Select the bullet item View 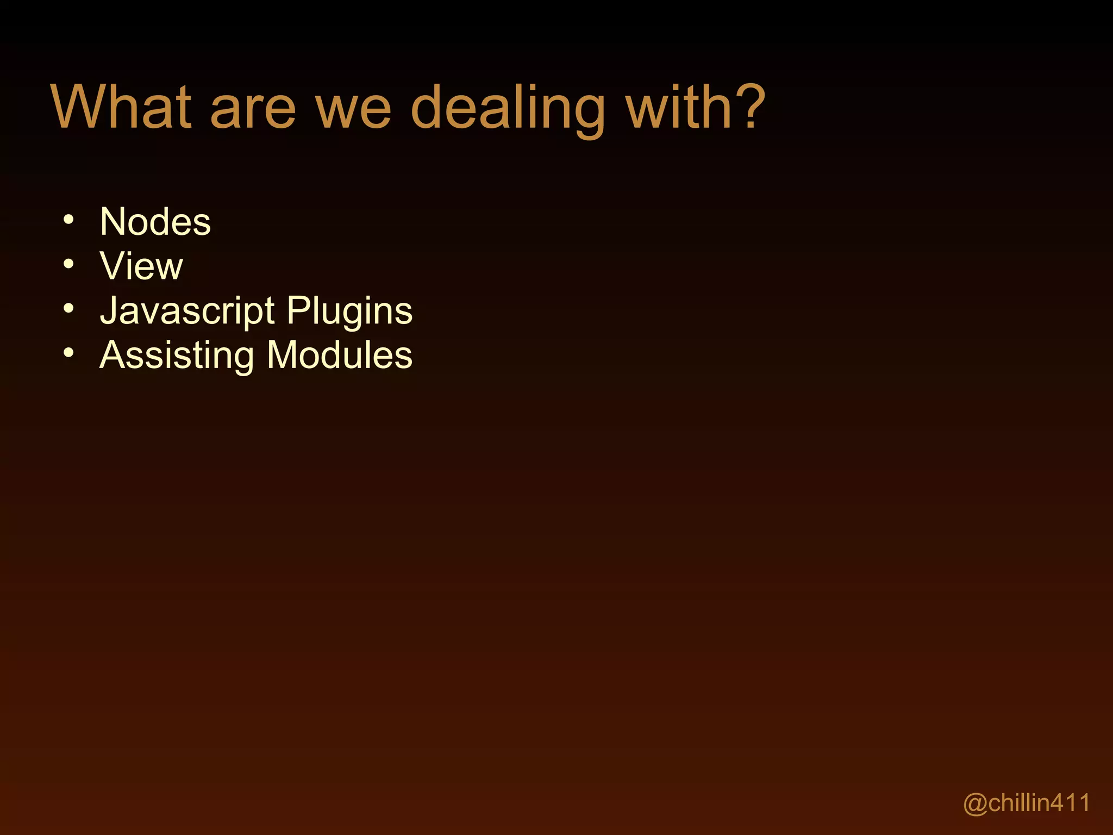point(141,266)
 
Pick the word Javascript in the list point(187,311)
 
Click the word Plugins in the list point(349,312)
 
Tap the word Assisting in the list point(177,356)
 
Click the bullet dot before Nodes point(68,220)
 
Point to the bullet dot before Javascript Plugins point(68,309)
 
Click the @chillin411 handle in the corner point(1027,803)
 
